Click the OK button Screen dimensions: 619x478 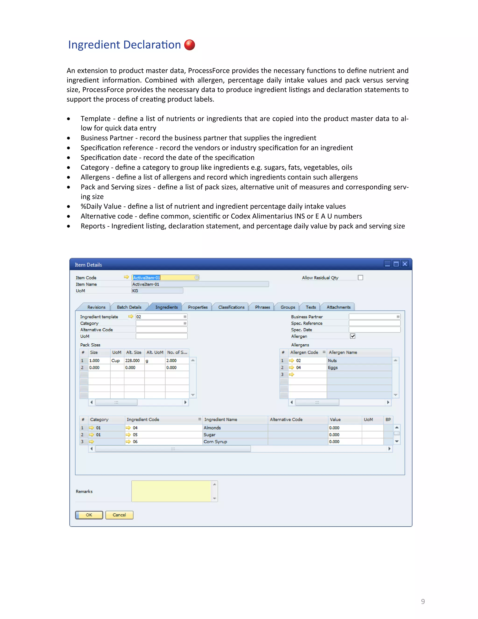click(89, 515)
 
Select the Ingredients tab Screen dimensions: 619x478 click(166, 307)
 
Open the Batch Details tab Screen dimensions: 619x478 click(129, 307)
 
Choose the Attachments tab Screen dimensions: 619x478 click(338, 307)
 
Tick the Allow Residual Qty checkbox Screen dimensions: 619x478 click(360, 278)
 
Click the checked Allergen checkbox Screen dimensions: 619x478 click(353, 336)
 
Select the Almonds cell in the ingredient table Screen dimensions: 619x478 click(235, 428)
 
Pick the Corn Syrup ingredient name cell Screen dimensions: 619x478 click(235, 441)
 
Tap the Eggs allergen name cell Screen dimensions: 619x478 click(359, 368)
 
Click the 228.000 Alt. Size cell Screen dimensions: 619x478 click(134, 360)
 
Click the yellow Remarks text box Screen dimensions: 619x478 click(171, 491)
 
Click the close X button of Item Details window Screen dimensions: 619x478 click(405, 264)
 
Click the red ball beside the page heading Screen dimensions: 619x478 click(190, 45)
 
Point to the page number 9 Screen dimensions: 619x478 click(423, 601)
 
